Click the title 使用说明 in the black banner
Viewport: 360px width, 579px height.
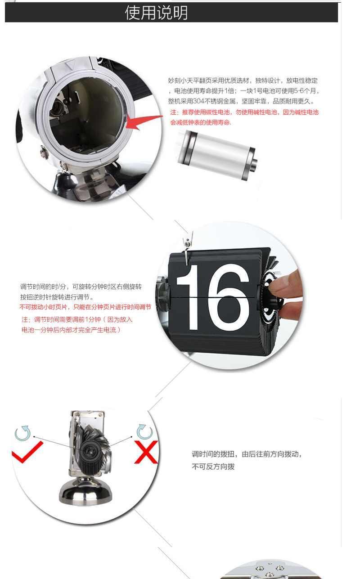pyautogui.click(x=156, y=13)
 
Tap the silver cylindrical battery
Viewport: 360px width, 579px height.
pyautogui.click(x=217, y=155)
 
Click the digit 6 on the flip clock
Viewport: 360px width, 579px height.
pyautogui.click(x=229, y=297)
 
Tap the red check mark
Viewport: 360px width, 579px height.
pyautogui.click(x=27, y=452)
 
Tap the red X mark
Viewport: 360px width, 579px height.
pyautogui.click(x=146, y=452)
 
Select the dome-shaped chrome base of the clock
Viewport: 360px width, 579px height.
pyautogui.click(x=85, y=493)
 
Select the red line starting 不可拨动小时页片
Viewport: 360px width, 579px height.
pyautogui.click(x=85, y=307)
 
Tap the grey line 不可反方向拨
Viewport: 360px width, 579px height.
pyautogui.click(x=213, y=467)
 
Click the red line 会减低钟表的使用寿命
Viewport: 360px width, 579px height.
pyautogui.click(x=201, y=122)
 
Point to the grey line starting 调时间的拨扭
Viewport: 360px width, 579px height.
pyautogui.click(x=247, y=454)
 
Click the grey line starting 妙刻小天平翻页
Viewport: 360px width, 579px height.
pyautogui.click(x=243, y=81)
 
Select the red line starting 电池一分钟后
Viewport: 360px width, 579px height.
pyautogui.click(x=71, y=330)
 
